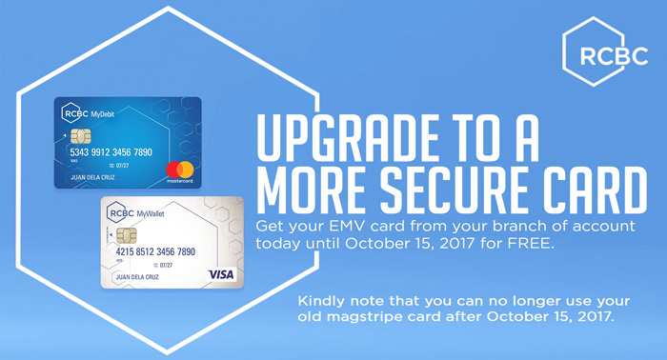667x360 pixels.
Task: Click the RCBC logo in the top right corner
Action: [x=605, y=51]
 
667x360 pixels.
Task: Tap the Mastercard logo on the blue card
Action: [x=179, y=171]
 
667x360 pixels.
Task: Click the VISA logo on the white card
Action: [x=221, y=274]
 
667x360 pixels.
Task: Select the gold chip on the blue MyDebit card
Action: [x=80, y=136]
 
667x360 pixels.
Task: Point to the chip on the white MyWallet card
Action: [x=127, y=235]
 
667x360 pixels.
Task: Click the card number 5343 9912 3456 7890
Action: [x=111, y=152]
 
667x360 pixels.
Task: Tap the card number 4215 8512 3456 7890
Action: [x=155, y=251]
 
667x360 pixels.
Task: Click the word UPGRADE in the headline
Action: [x=348, y=138]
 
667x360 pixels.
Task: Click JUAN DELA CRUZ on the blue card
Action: [x=92, y=177]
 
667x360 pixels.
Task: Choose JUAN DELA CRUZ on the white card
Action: [x=137, y=277]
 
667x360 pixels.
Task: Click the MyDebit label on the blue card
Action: [x=103, y=114]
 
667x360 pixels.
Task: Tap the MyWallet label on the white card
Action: [x=151, y=213]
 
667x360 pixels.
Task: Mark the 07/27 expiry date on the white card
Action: [x=166, y=265]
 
